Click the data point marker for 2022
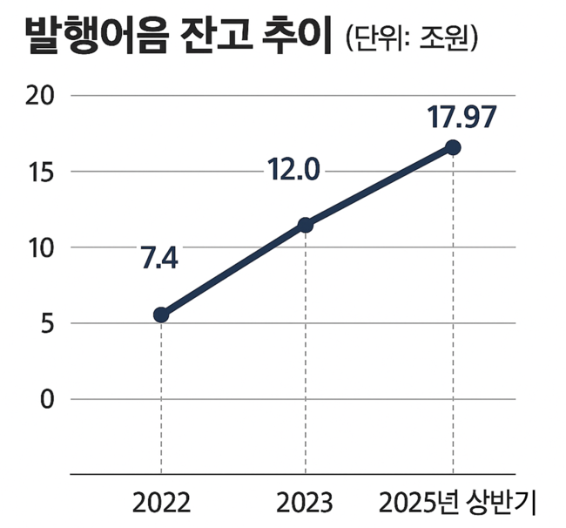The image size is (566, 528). click(161, 315)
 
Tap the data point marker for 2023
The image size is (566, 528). click(306, 225)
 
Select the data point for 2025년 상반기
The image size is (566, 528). click(453, 147)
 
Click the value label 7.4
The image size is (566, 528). click(158, 259)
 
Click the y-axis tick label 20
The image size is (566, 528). click(39, 95)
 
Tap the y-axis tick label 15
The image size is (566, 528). click(39, 172)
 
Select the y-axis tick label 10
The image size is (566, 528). click(39, 247)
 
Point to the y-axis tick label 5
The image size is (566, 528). click(46, 323)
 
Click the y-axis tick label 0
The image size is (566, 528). click(46, 400)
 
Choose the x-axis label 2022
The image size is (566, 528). click(162, 503)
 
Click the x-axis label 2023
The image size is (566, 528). click(305, 503)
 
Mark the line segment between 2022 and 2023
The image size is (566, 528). click(233, 270)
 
